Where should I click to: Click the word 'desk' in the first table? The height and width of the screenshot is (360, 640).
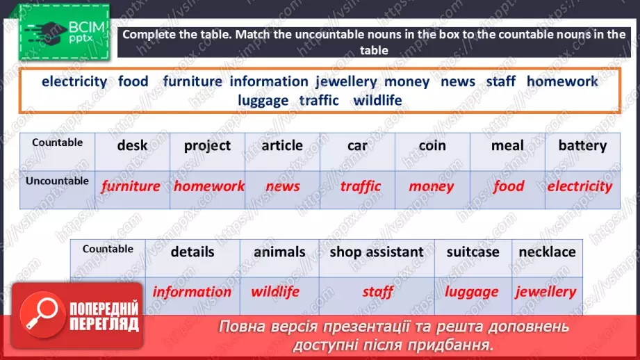pyautogui.click(x=132, y=146)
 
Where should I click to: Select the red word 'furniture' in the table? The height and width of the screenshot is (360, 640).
pyautogui.click(x=131, y=186)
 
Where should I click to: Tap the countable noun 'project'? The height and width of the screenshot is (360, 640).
pyautogui.click(x=207, y=146)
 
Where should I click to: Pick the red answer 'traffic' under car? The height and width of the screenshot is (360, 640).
pyautogui.click(x=361, y=186)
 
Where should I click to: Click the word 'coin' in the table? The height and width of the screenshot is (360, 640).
pyautogui.click(x=432, y=146)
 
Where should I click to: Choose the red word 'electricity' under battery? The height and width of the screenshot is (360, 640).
pyautogui.click(x=580, y=186)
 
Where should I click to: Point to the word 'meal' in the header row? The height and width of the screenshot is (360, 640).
pyautogui.click(x=507, y=146)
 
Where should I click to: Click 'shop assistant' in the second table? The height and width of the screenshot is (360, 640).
pyautogui.click(x=376, y=252)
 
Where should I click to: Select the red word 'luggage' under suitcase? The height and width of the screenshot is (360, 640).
pyautogui.click(x=472, y=292)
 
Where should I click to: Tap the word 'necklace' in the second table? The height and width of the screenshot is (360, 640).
pyautogui.click(x=547, y=252)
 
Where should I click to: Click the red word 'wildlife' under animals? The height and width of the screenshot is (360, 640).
pyautogui.click(x=274, y=292)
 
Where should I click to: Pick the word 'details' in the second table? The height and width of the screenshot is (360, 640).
pyautogui.click(x=192, y=252)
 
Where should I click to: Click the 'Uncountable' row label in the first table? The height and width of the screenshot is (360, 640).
pyautogui.click(x=58, y=181)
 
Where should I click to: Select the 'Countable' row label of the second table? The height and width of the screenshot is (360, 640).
pyautogui.click(x=108, y=249)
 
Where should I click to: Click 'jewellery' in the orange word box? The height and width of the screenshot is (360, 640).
pyautogui.click(x=345, y=81)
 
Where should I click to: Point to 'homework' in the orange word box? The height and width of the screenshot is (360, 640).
pyautogui.click(x=561, y=81)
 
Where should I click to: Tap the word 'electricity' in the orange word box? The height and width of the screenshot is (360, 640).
pyautogui.click(x=74, y=81)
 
